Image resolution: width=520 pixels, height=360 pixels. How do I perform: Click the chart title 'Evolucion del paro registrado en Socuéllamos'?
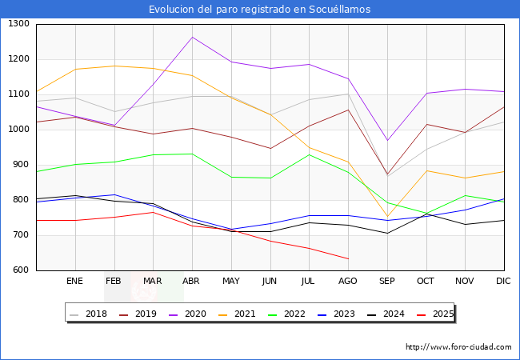coord(260,10)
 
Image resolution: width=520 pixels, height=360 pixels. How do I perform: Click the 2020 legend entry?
coord(198,314)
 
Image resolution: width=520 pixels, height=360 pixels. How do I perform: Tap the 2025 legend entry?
coord(441,314)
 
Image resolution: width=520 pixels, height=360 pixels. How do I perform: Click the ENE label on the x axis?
coord(74,282)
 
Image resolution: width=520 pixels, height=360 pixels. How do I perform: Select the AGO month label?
coord(348,282)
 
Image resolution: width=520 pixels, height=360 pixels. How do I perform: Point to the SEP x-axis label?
coord(387,282)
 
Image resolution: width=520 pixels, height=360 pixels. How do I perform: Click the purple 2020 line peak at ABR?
coord(192,37)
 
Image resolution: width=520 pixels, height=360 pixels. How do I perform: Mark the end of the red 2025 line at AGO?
coord(348,258)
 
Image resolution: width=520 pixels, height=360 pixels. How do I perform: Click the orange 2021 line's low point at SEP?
coord(387,217)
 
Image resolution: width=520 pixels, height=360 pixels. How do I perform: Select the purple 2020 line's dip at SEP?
coord(387,141)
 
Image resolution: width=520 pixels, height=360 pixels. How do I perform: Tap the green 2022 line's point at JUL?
coord(309,154)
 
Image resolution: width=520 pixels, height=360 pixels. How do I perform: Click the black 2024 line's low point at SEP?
coord(387,234)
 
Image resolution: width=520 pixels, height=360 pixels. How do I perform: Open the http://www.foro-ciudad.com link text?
coord(458,347)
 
